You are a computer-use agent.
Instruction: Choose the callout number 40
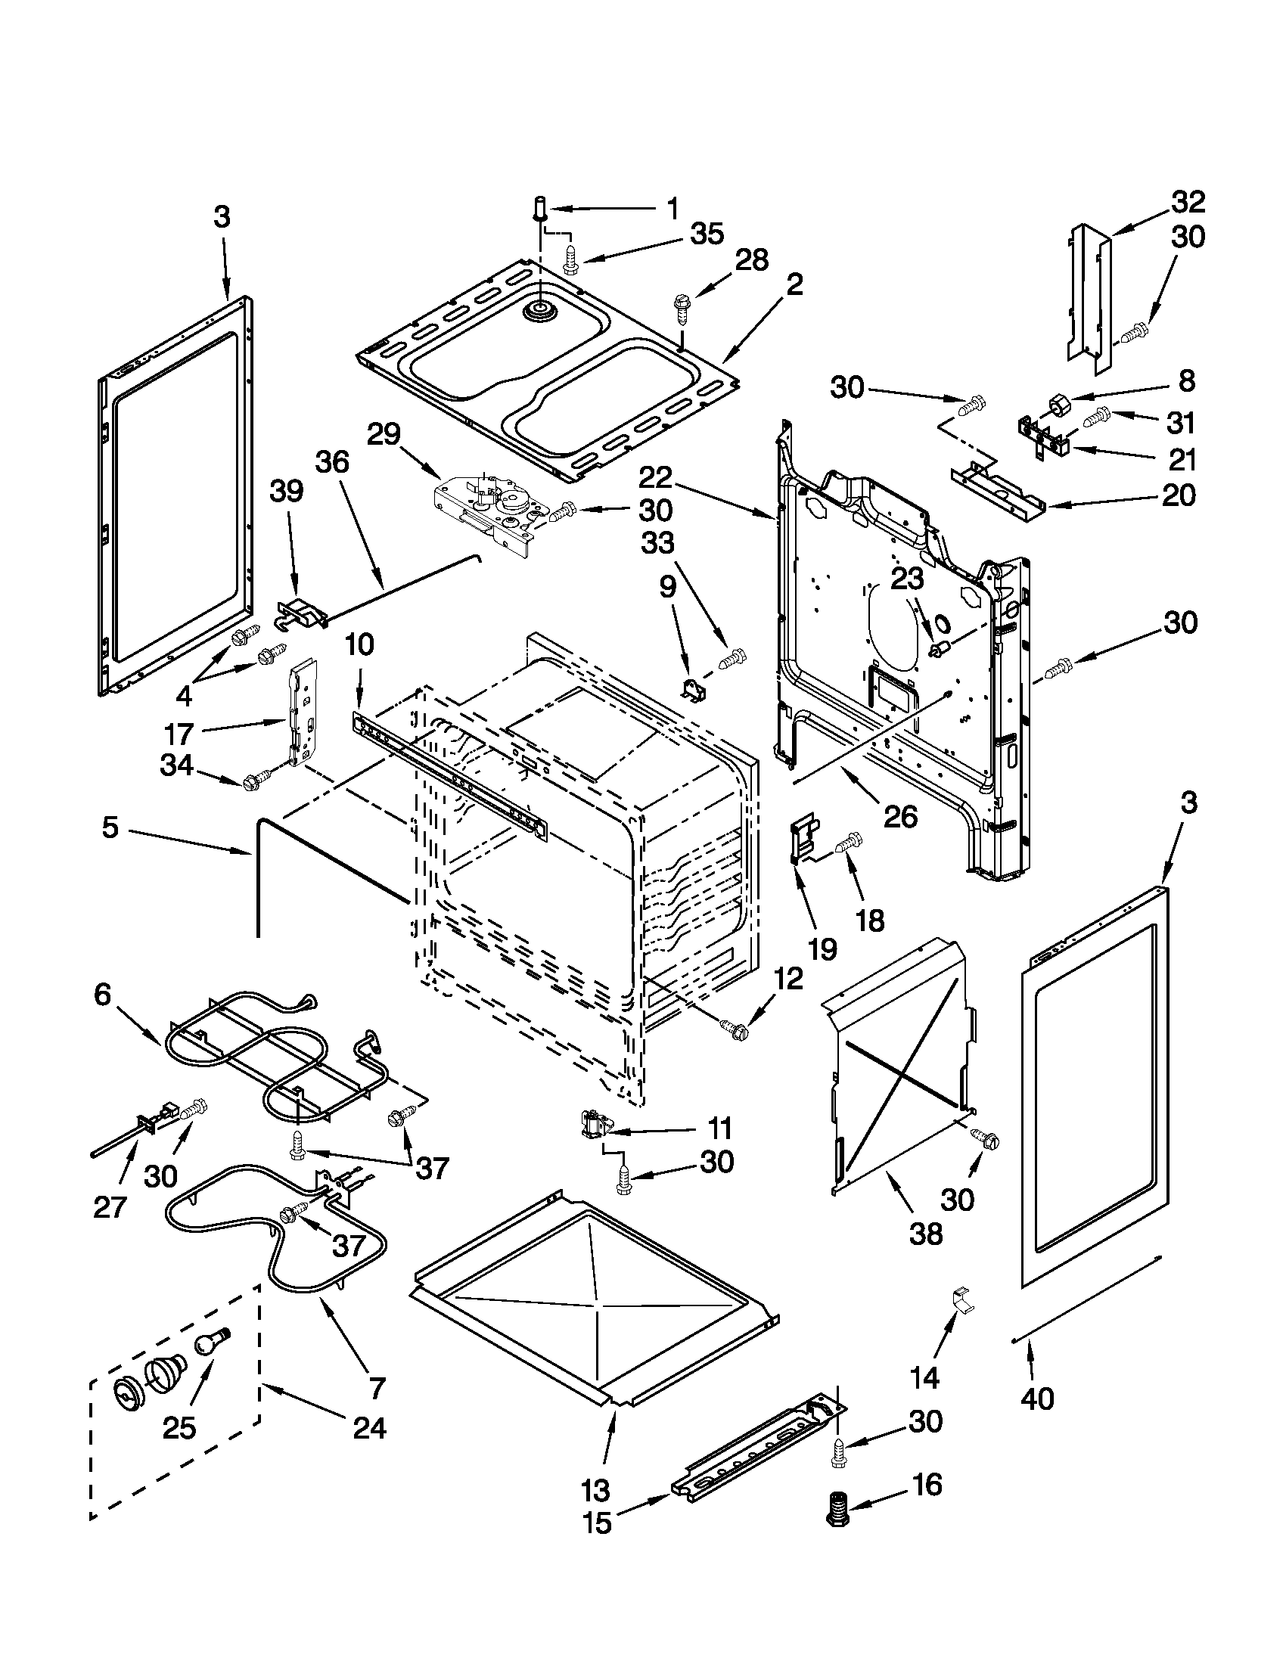(x=1036, y=1398)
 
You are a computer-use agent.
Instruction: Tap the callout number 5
(x=110, y=827)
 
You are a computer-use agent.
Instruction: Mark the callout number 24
(x=368, y=1427)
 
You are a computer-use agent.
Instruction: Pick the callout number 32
(x=1188, y=202)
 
